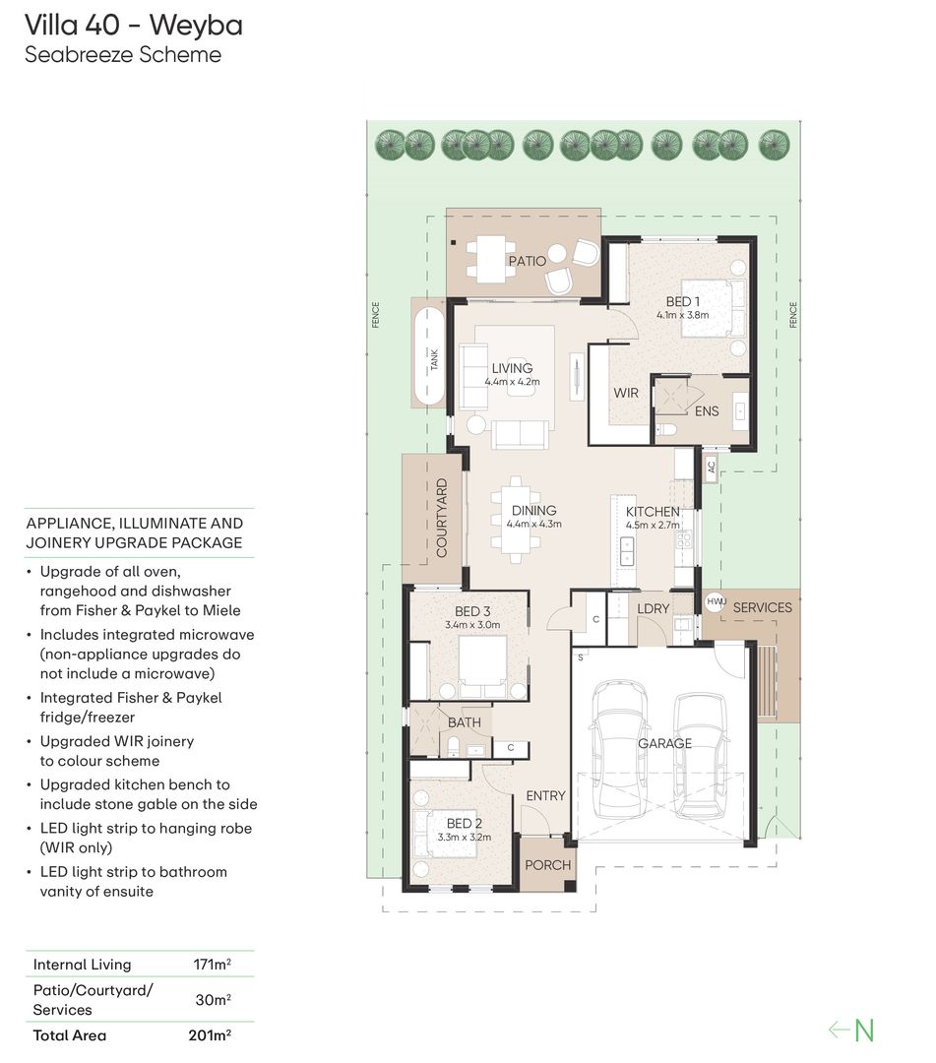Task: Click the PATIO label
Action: coord(527,261)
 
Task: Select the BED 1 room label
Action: coord(682,302)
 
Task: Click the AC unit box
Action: coord(711,468)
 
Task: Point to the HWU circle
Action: coord(716,602)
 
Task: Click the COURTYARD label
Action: coord(442,518)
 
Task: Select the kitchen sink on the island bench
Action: coord(626,550)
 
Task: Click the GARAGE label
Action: coord(664,744)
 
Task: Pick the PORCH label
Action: coord(547,865)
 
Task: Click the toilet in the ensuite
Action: coord(664,428)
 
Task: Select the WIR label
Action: coord(626,393)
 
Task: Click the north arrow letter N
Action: coord(864,1030)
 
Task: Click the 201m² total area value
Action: coord(210,1035)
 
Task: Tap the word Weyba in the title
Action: coord(196,25)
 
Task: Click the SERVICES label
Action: coord(762,607)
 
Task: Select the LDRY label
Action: coord(653,609)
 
